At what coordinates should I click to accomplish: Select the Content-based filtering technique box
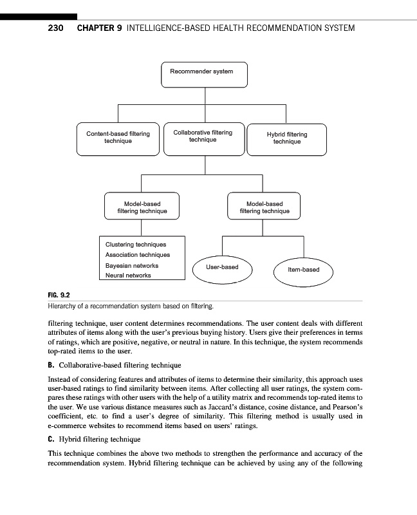pos(118,138)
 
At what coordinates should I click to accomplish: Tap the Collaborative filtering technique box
pos(203,137)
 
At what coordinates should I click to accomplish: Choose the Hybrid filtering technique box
pos(287,138)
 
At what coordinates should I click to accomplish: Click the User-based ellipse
pos(222,267)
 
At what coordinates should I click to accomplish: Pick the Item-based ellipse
pos(304,270)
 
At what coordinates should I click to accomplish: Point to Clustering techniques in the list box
pos(135,245)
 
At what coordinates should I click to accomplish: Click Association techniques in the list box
pos(137,255)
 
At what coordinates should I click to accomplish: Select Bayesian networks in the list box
pos(131,265)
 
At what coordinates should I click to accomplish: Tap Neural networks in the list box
pos(128,276)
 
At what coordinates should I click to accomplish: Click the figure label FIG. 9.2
pos(59,295)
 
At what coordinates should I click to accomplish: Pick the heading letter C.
pos(51,440)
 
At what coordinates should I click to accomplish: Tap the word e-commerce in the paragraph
pos(69,426)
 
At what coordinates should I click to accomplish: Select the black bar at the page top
pos(39,16)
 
